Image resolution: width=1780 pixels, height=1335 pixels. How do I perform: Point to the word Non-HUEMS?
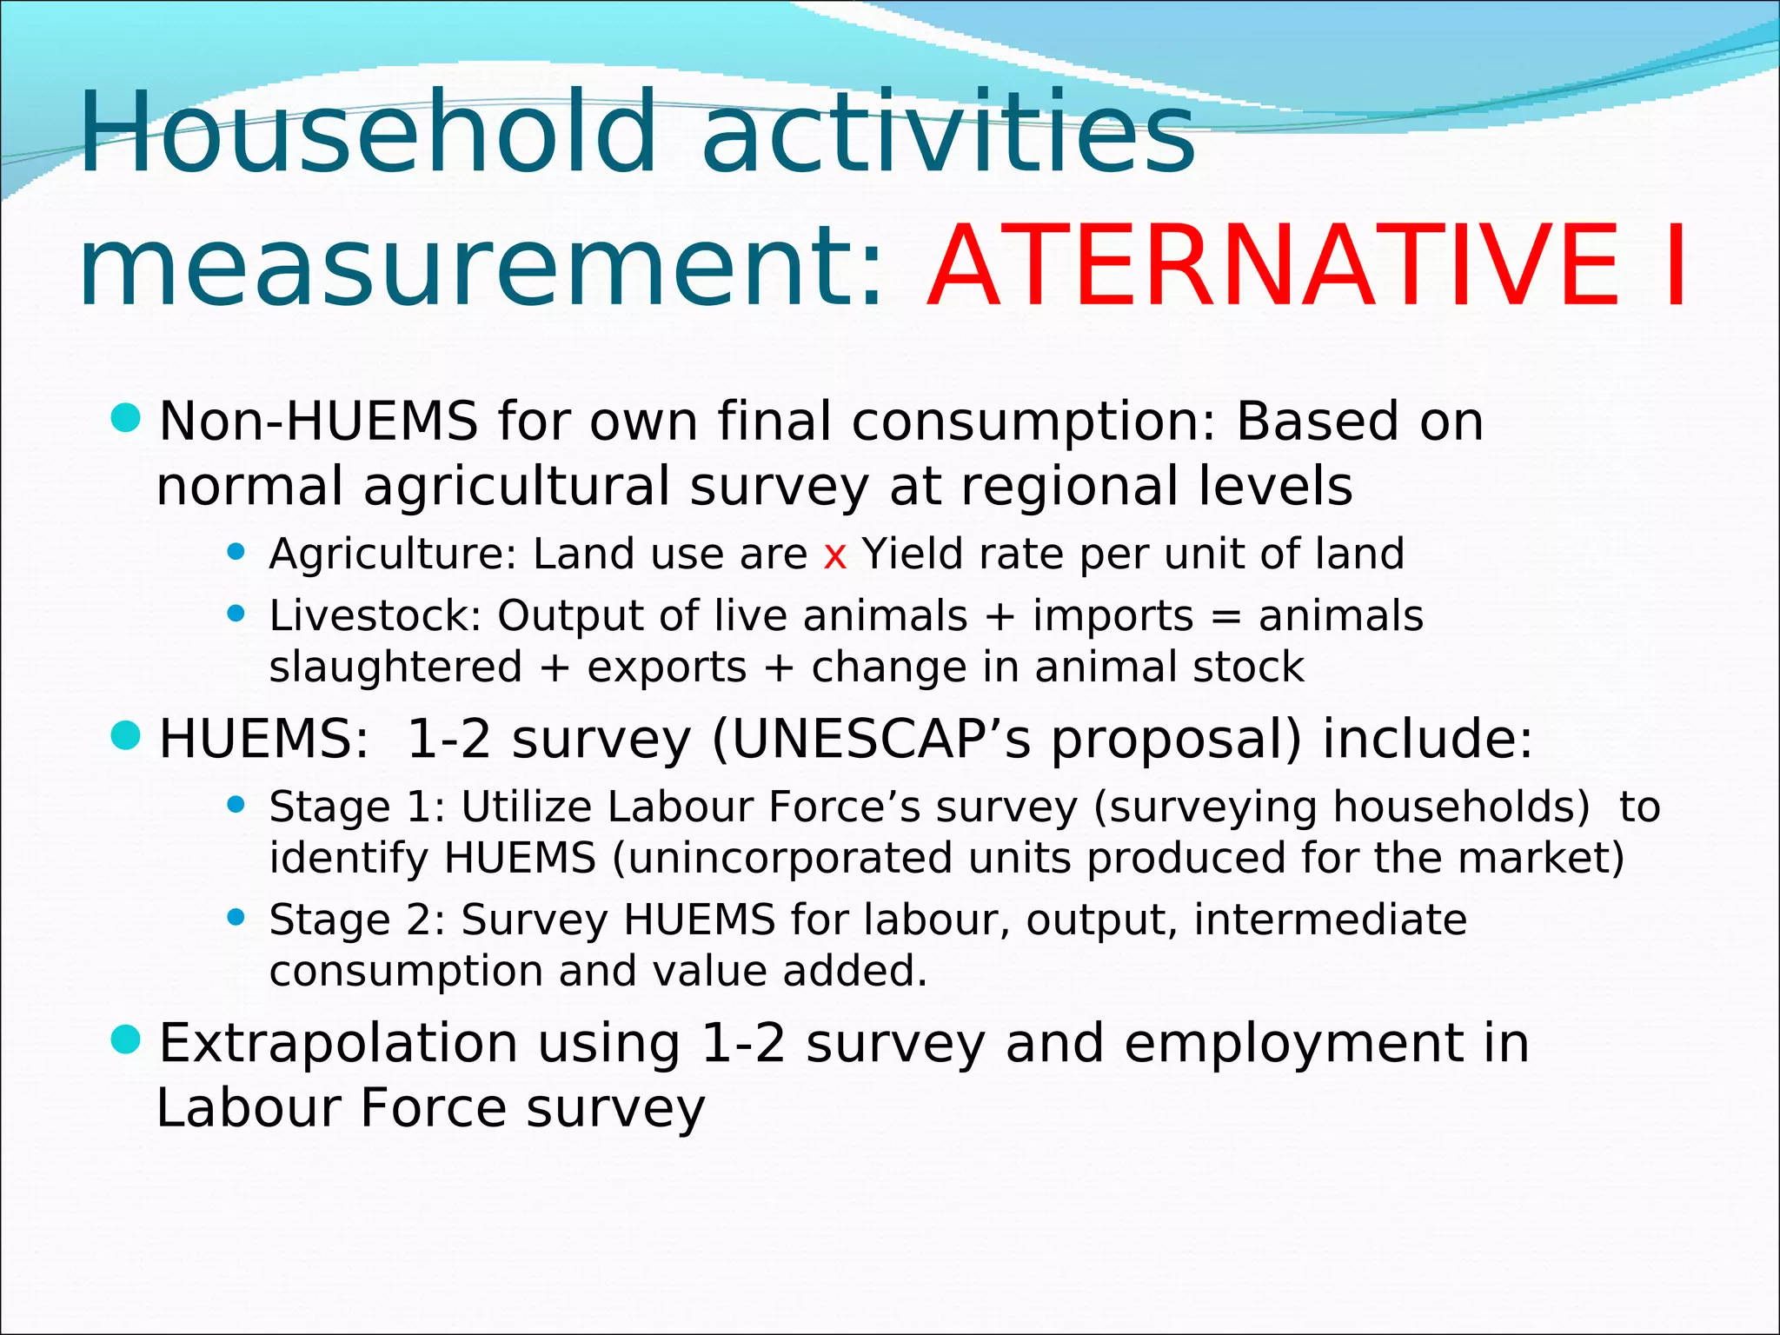tap(318, 422)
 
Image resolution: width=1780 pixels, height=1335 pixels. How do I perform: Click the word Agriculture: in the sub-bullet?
tap(393, 555)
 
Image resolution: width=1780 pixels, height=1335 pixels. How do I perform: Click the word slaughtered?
tap(395, 667)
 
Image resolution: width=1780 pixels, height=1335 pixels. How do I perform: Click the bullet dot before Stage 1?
tap(236, 805)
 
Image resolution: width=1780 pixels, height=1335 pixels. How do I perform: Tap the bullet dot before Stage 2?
tap(236, 917)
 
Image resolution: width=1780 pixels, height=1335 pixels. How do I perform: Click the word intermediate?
tap(1330, 920)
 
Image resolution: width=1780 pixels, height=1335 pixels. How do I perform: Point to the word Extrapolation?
tap(338, 1045)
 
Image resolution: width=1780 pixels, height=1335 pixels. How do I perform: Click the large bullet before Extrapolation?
tap(127, 1039)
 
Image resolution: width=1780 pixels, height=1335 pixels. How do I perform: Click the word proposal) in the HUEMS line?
tap(1177, 741)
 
